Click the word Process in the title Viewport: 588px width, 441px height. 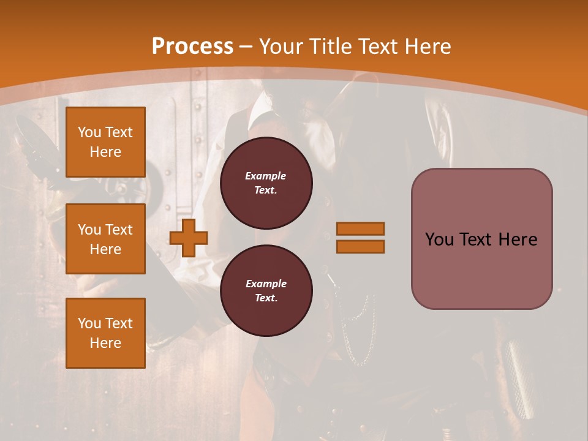point(192,46)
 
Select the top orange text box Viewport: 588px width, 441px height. point(105,142)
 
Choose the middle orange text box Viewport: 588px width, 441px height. point(105,239)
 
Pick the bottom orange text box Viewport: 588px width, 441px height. point(105,333)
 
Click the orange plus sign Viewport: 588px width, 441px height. point(189,238)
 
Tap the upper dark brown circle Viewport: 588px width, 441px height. point(266,183)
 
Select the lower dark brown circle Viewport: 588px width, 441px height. point(266,290)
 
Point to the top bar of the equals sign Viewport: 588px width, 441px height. point(360,228)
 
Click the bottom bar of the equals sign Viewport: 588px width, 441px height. point(360,246)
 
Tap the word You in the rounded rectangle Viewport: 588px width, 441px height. point(439,239)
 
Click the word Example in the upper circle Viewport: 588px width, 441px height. point(266,176)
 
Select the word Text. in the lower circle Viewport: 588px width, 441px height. point(266,298)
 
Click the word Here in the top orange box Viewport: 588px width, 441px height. point(105,152)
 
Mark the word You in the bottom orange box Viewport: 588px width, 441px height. point(89,323)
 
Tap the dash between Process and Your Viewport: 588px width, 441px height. point(246,46)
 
